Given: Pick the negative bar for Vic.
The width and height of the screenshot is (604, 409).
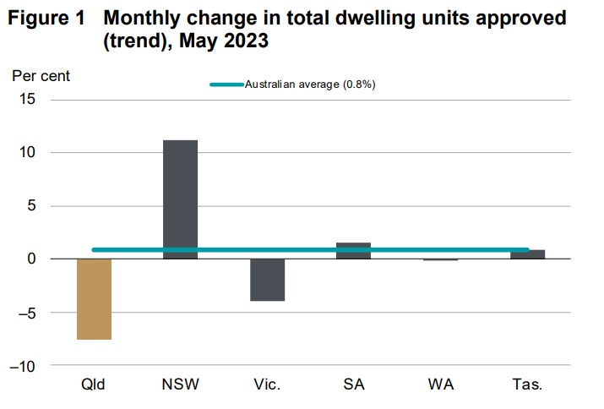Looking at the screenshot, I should [267, 280].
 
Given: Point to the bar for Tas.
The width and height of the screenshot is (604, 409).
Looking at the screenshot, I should [527, 254].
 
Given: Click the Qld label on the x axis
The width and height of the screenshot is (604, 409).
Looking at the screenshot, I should [94, 385].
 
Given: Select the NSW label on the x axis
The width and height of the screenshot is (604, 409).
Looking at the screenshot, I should [180, 385].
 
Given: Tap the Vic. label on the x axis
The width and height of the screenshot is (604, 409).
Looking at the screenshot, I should [267, 385].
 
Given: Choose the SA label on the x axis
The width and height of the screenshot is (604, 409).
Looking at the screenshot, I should [354, 385].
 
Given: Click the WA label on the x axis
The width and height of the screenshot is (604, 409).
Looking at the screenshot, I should [440, 385].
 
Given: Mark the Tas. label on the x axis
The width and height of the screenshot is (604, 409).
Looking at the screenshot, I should [527, 385].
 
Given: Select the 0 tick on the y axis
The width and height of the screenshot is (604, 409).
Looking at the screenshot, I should [31, 259].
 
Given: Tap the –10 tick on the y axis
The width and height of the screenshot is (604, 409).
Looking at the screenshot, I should [24, 366].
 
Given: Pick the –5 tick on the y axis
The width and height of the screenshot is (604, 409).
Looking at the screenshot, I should [27, 313].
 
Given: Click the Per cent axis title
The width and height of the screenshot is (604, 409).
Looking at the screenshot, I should [41, 75].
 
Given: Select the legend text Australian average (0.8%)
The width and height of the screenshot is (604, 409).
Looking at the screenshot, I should [309, 85].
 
